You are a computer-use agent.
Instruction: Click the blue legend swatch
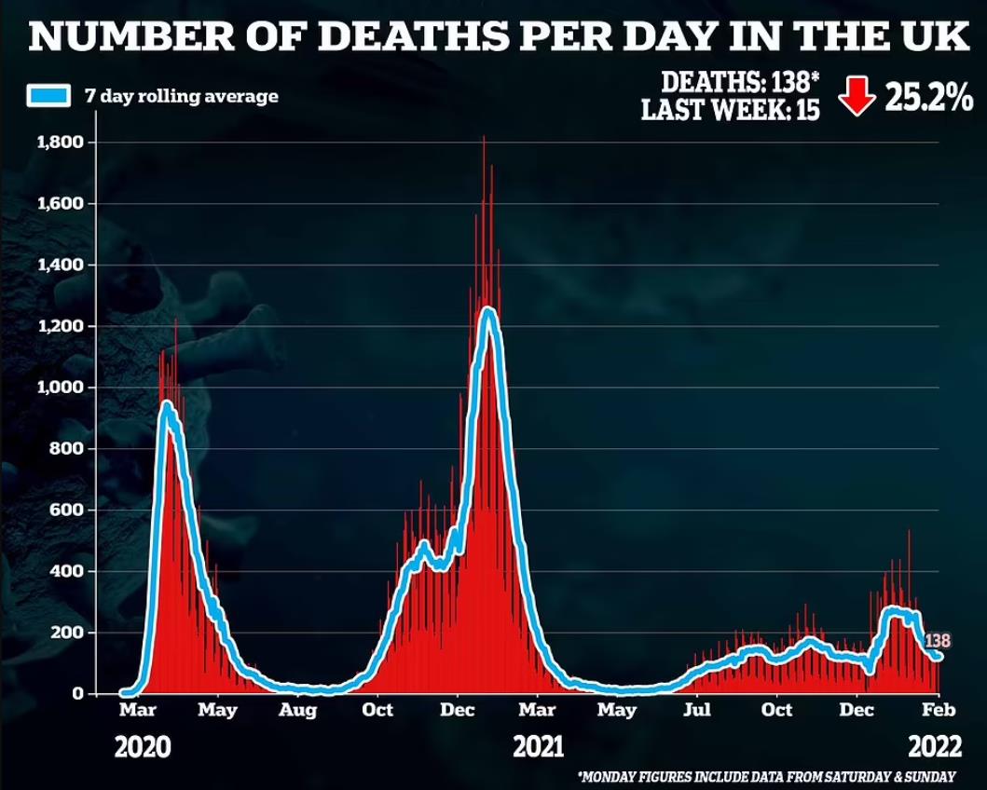click(x=48, y=95)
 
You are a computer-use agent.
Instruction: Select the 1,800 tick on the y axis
click(x=61, y=143)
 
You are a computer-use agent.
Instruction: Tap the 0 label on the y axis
click(x=79, y=694)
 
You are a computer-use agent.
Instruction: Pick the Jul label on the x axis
click(x=696, y=711)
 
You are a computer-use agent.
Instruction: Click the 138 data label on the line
click(x=937, y=641)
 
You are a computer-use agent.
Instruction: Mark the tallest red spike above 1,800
click(x=484, y=140)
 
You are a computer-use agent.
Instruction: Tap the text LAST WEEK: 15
click(x=731, y=110)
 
